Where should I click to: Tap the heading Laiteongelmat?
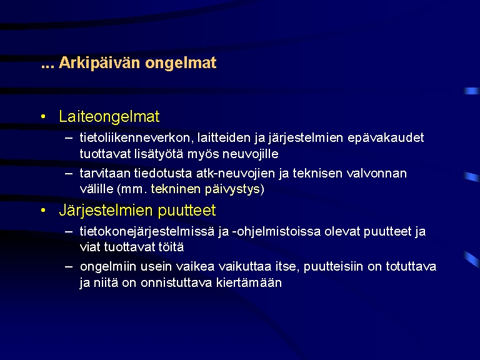109,117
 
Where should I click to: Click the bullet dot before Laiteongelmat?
43,117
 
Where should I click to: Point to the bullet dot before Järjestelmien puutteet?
43,210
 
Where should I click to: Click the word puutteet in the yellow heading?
187,211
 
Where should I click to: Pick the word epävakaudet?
386,138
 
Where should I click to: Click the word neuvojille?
251,154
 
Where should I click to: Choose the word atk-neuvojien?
236,174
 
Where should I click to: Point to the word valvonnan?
376,174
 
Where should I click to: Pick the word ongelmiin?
108,267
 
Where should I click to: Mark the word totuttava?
411,267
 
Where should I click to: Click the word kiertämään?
249,282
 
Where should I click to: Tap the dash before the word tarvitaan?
69,173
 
